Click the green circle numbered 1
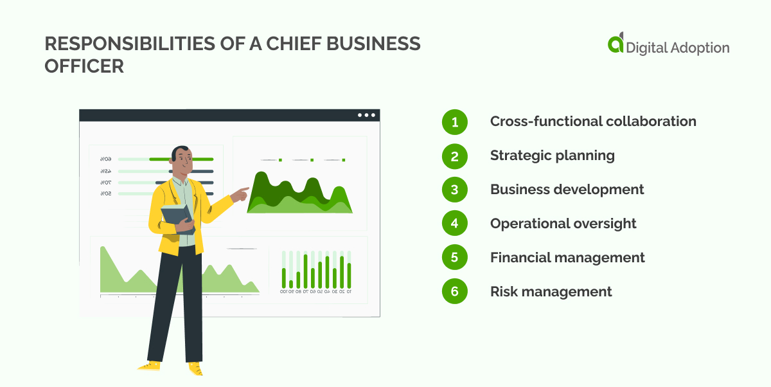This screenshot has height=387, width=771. click(455, 122)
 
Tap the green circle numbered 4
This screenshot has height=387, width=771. click(455, 224)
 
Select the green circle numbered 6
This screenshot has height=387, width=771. click(455, 292)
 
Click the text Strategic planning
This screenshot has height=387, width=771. click(552, 156)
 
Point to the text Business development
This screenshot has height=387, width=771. click(567, 190)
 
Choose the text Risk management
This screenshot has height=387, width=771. click(551, 292)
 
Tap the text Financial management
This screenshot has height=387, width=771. click(567, 258)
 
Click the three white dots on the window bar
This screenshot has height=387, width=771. click(366, 115)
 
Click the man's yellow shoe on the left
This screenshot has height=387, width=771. click(150, 365)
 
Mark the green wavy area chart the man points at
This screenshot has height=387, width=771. click(299, 194)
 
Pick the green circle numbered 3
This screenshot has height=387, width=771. click(455, 190)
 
